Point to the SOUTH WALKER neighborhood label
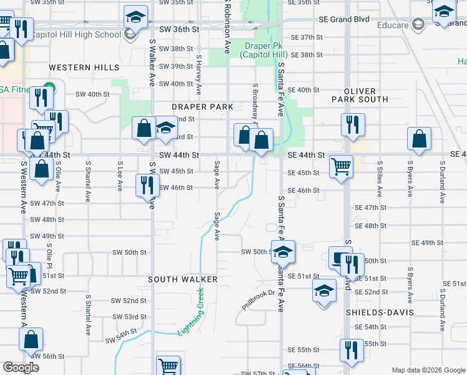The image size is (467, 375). [182, 279]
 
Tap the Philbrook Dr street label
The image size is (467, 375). [258, 299]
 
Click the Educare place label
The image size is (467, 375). [393, 26]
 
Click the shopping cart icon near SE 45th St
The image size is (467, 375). [342, 166]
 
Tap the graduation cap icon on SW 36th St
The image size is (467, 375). [135, 17]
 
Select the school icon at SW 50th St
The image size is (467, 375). [283, 251]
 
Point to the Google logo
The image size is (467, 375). [21, 367]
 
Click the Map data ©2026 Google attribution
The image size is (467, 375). [428, 370]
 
